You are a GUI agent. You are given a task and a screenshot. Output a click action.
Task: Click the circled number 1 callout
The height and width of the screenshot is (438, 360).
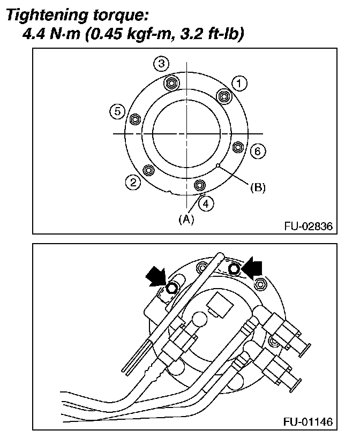coord(239,83)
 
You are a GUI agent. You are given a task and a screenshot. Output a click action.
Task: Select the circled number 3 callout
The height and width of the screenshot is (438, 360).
coord(161,64)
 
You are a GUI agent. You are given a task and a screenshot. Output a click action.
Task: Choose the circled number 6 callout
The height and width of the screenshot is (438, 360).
coord(257,152)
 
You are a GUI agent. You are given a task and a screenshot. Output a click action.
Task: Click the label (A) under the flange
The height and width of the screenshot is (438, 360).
coord(186,218)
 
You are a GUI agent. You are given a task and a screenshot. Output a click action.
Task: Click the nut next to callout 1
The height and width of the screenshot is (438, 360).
coord(223,96)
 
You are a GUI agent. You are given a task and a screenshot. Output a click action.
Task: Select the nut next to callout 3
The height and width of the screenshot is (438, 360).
coord(171,83)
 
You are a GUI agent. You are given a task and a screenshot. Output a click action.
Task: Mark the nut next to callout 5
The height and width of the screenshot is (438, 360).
coord(135,118)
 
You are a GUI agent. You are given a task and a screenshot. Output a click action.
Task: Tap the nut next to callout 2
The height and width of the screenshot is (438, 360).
coord(149,170)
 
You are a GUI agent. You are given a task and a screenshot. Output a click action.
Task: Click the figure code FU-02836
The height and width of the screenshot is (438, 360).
coord(308,226)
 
